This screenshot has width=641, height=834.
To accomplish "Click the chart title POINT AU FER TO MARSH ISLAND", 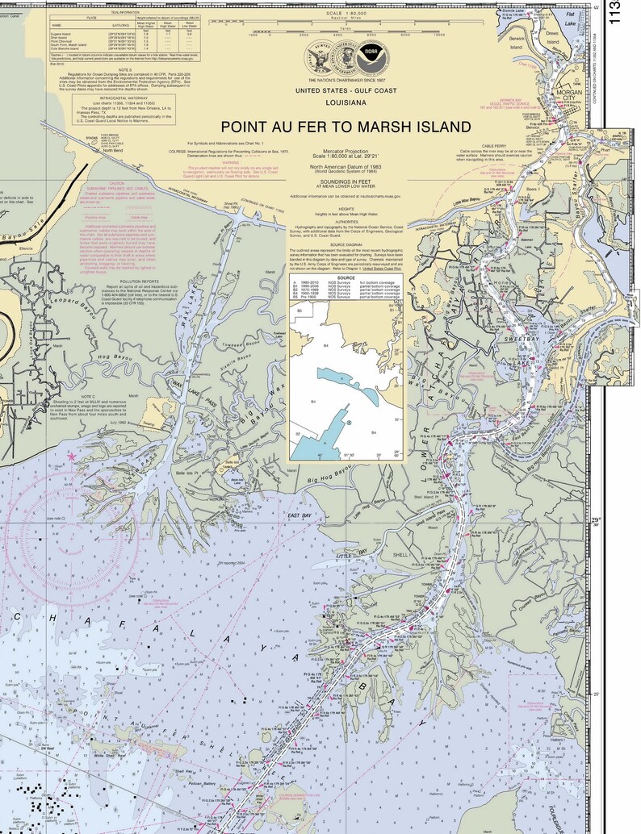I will click(346, 127).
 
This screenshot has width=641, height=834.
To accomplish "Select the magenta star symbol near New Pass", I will click(71, 457).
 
